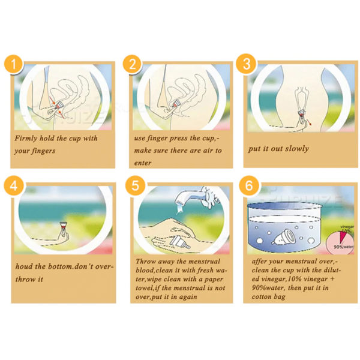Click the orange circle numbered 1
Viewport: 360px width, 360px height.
(x=14, y=64)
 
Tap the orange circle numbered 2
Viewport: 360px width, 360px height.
(x=133, y=64)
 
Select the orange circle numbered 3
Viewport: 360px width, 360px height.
(x=247, y=64)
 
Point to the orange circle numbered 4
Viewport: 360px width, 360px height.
(x=14, y=185)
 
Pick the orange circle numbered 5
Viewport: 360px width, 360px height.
(x=135, y=185)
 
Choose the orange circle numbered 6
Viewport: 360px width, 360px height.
(x=249, y=185)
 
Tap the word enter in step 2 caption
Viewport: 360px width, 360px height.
(x=143, y=163)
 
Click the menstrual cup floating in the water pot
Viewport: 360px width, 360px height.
(x=284, y=237)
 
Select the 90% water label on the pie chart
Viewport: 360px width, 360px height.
(x=343, y=247)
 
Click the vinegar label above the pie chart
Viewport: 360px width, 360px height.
(x=347, y=227)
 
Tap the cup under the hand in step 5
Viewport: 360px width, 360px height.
(x=180, y=243)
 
